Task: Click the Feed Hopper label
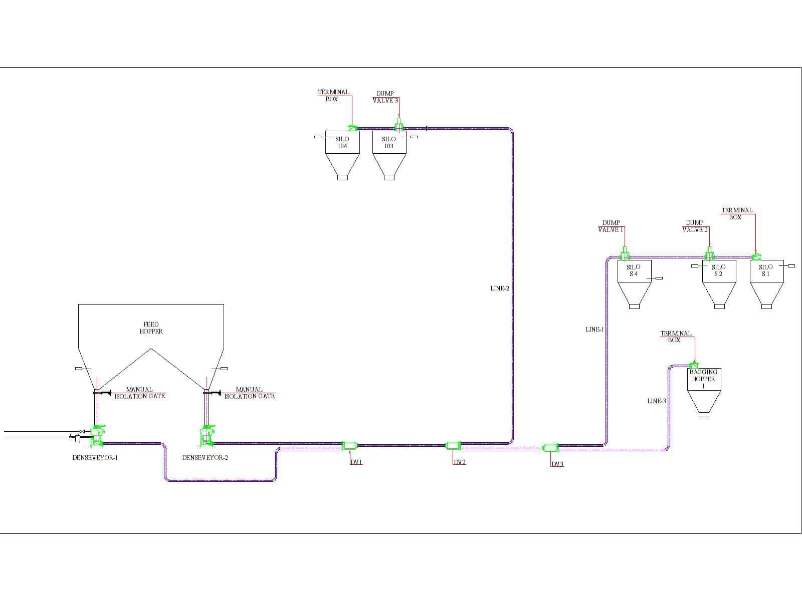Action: coord(151,328)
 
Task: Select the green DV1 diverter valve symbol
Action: coord(349,445)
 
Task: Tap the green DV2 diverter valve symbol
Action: coord(453,445)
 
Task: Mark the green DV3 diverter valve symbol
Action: coord(551,448)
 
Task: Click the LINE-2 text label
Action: coord(500,288)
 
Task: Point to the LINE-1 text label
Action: coord(595,330)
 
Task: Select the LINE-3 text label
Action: coord(657,401)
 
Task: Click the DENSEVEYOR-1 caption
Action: coord(95,458)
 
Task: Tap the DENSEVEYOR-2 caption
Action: coord(205,458)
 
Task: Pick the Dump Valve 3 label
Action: coord(385,97)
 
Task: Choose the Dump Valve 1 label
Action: coord(611,226)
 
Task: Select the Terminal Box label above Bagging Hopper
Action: coord(676,337)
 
